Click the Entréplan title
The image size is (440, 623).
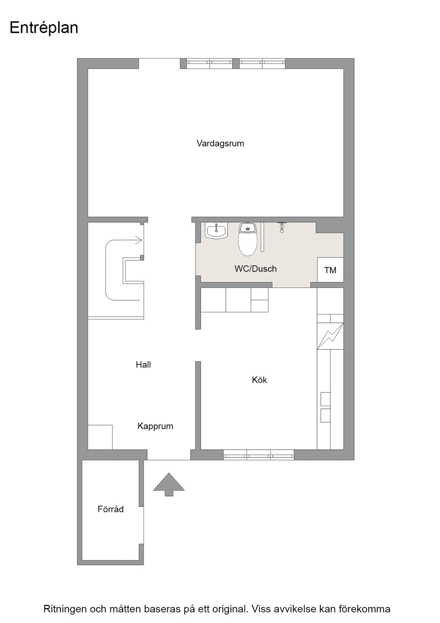pos(44,28)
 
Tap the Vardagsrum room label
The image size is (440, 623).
pos(220,144)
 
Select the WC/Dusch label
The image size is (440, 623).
pos(256,268)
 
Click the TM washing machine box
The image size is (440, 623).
pos(330,270)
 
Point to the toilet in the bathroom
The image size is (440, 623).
pos(247,239)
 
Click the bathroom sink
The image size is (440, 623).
pos(216,231)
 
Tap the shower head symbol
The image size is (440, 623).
pos(282,227)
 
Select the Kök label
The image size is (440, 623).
pos(259,380)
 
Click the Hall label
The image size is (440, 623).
pos(143,365)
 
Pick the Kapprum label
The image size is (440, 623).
pos(155,426)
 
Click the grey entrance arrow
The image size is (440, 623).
pos(169,484)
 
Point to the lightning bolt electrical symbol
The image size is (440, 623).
pos(330,336)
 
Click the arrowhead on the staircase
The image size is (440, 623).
pos(139,240)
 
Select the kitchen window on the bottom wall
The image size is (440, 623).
pos(259,455)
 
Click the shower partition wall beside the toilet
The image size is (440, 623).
pos(263,237)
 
